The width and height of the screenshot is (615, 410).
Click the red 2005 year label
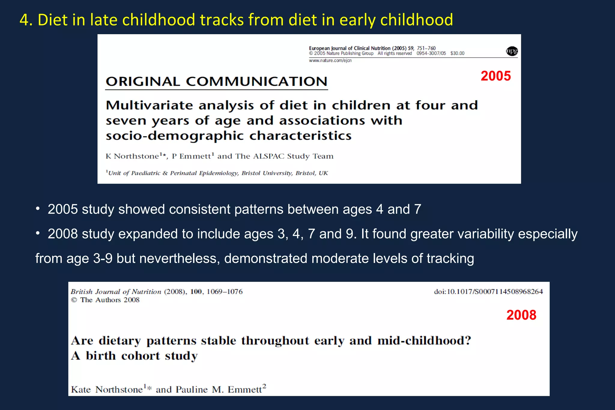[495, 76]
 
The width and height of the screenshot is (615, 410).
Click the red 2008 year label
[521, 315]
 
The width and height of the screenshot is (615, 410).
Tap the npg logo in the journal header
[512, 51]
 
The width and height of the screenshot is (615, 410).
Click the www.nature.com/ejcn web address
[330, 60]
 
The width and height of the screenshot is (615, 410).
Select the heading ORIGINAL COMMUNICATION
[216, 82]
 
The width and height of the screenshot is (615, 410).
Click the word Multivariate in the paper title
[149, 105]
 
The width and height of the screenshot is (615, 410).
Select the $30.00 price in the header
[457, 53]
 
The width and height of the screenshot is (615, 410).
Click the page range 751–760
[426, 48]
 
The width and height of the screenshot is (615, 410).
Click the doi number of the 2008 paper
[488, 291]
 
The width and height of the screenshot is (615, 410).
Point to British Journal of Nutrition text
[116, 291]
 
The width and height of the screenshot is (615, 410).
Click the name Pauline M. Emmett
[219, 389]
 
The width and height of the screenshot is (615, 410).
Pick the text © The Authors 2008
[105, 300]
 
